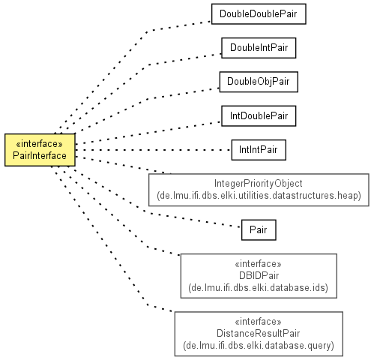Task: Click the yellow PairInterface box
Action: coord(40,150)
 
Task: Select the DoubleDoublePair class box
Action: coord(259,14)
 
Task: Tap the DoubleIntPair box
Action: coord(259,48)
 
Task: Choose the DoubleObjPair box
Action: coord(259,82)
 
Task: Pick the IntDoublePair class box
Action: coord(259,116)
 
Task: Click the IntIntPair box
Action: coord(259,150)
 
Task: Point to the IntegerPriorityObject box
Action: coord(259,190)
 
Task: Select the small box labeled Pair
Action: coord(259,230)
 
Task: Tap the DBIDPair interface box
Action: coord(259,276)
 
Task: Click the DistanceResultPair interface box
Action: coord(259,334)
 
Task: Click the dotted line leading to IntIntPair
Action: coord(153,150)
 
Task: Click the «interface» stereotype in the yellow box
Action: coord(40,144)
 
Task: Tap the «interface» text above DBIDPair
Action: coord(259,264)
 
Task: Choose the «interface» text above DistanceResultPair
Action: coord(259,322)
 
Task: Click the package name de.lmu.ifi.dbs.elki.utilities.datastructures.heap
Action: coord(259,196)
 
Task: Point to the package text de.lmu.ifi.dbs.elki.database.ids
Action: coord(259,288)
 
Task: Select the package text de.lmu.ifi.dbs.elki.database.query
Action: coord(259,346)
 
